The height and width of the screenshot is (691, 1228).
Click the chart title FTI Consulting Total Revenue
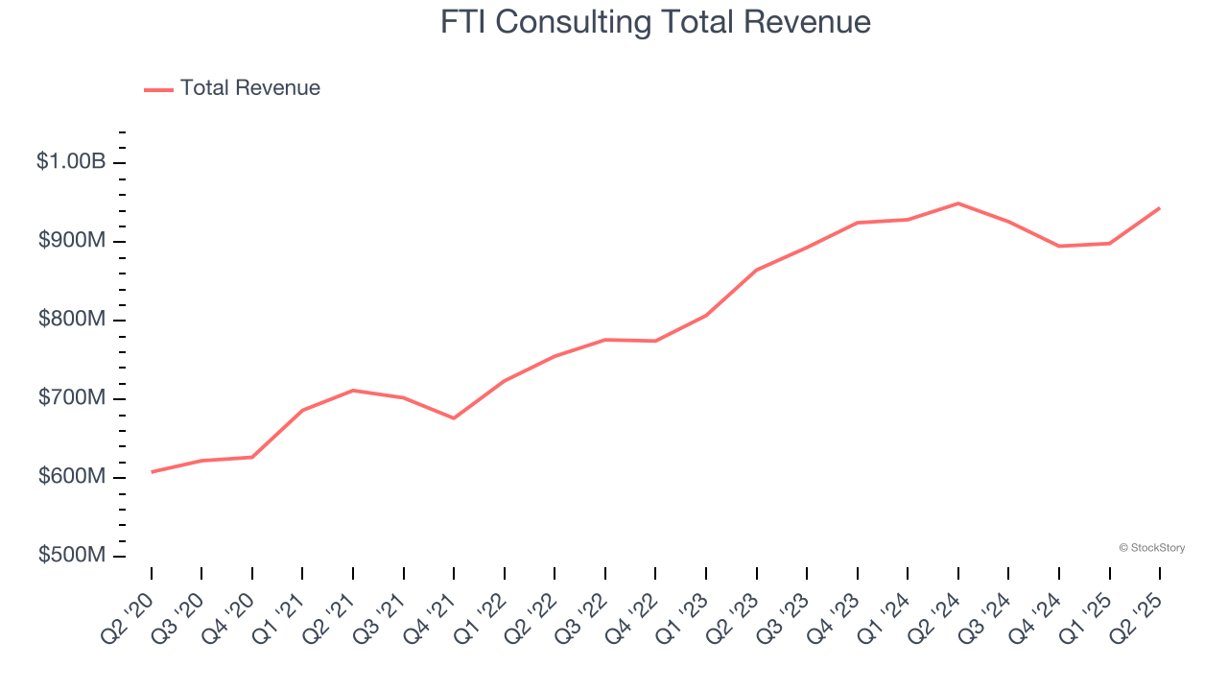(655, 22)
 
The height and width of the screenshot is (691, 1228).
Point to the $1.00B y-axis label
(71, 161)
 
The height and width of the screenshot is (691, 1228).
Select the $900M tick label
(72, 241)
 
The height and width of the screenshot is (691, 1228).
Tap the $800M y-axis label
(72, 320)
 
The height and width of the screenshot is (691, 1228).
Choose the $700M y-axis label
(72, 398)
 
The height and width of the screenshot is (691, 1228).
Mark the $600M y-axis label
(72, 477)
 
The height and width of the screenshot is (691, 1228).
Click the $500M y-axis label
(72, 556)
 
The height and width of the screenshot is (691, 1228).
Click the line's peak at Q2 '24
(957, 203)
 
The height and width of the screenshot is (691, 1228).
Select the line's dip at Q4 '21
(454, 417)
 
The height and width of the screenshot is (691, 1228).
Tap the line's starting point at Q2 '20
(152, 471)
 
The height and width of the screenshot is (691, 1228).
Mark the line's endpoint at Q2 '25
(1159, 208)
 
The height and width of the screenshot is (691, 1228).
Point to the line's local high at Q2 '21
(353, 391)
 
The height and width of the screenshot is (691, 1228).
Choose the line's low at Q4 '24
(1059, 246)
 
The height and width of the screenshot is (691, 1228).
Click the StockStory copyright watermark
(1152, 548)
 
